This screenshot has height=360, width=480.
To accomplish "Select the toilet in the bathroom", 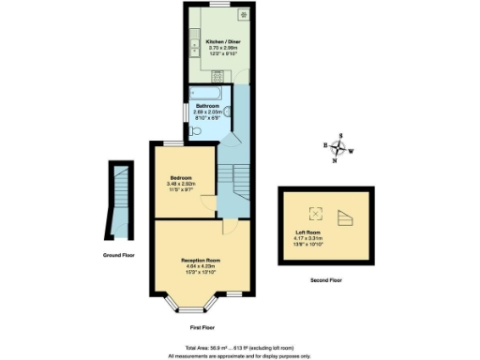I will pos(193,131).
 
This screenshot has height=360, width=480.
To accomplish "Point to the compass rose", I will pos(339,148).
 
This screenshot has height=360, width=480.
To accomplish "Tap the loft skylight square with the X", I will pos(316,212).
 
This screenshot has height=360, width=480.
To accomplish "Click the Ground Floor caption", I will pos(118,255).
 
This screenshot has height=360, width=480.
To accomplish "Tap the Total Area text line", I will pos(239,346).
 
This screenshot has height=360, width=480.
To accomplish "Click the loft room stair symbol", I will pos(345,217).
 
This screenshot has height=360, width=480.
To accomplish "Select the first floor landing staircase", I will pos(239,179).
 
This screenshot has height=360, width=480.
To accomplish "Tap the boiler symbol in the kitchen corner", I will pos(244,14).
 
